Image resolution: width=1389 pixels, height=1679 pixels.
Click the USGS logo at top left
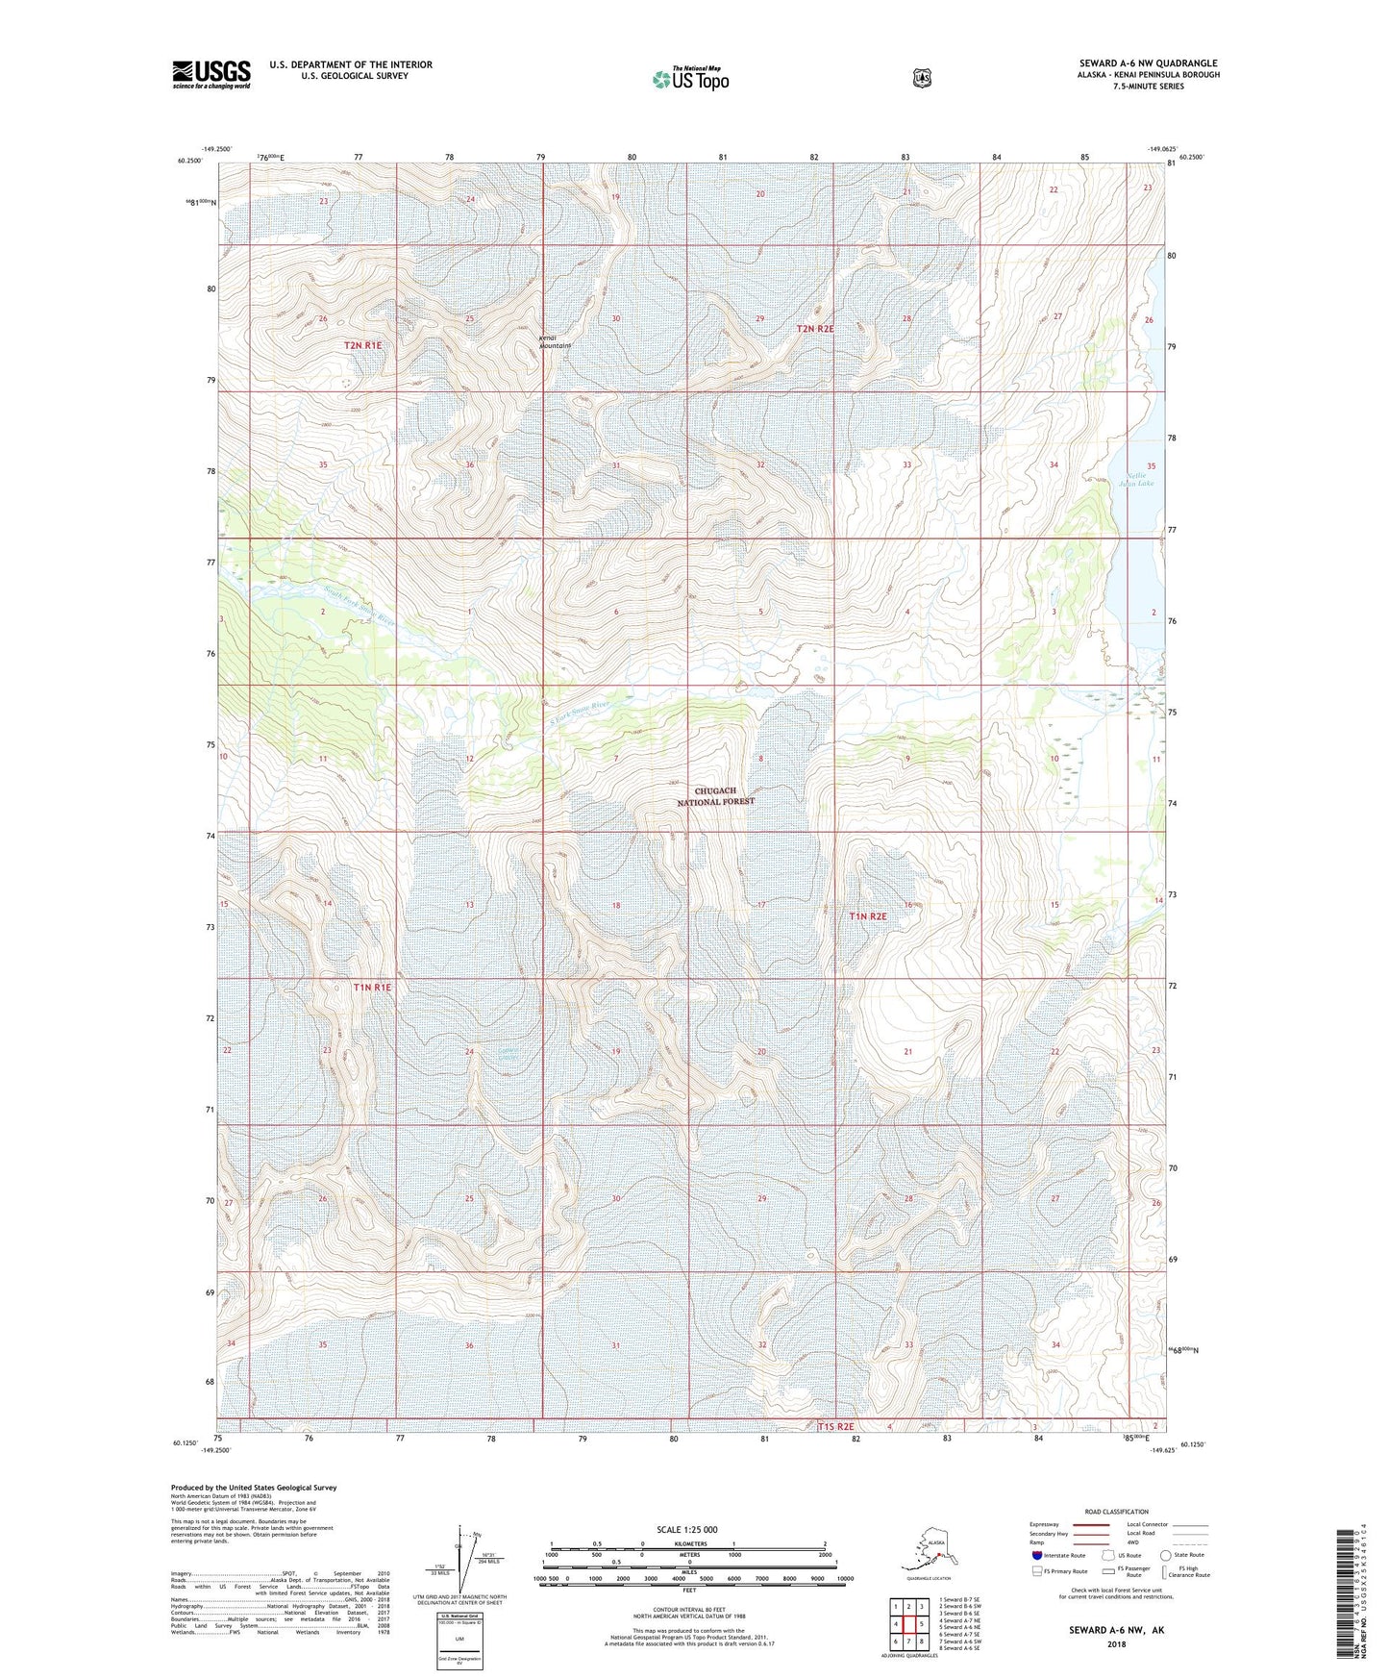pyautogui.click(x=211, y=74)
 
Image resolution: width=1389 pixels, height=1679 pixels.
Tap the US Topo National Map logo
pyautogui.click(x=689, y=78)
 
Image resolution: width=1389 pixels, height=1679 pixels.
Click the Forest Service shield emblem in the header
pyautogui.click(x=922, y=77)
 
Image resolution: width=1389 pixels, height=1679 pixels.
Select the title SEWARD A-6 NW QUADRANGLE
pyautogui.click(x=1148, y=63)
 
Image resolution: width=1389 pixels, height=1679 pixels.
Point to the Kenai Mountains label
pyautogui.click(x=555, y=341)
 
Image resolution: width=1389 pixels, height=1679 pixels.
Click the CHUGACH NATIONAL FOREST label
pyautogui.click(x=716, y=796)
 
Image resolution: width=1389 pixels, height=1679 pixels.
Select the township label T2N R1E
pyautogui.click(x=362, y=344)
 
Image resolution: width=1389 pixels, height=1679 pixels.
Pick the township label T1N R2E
pyautogui.click(x=867, y=916)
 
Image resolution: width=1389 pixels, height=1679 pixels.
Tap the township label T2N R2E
pyautogui.click(x=815, y=329)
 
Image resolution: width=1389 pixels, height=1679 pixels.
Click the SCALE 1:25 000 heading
pyautogui.click(x=687, y=1529)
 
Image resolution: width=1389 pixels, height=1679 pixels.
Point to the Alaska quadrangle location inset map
pyautogui.click(x=928, y=1551)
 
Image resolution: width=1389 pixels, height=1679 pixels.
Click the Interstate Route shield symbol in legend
pyautogui.click(x=1037, y=1555)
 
